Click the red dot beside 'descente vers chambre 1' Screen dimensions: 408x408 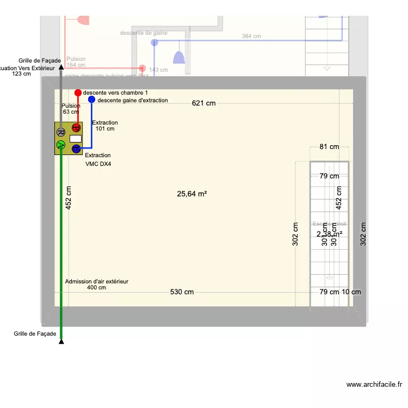tap(78, 93)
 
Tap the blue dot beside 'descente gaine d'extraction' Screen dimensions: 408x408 tap(91, 100)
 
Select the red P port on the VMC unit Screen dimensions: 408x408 tap(76, 128)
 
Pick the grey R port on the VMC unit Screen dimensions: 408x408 tap(61, 132)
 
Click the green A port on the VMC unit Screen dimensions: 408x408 tap(61, 145)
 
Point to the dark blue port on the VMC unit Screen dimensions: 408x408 tap(76, 148)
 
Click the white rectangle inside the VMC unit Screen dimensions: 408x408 tap(76, 138)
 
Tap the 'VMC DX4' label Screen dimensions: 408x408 tap(98, 164)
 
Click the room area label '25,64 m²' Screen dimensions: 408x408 tap(192, 194)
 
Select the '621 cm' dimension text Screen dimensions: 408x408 tap(203, 103)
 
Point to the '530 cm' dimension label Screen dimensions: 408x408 tap(182, 292)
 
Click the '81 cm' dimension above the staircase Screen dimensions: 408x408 tap(329, 147)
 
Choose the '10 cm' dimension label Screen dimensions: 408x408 tap(351, 292)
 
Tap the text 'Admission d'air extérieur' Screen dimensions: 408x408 tap(97, 281)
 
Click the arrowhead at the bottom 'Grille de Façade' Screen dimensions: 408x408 tap(61, 341)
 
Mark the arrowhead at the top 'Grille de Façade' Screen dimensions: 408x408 tap(61, 66)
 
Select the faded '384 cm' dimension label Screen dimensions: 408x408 tap(251, 36)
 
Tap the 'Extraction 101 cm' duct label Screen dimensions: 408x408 tap(105, 126)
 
